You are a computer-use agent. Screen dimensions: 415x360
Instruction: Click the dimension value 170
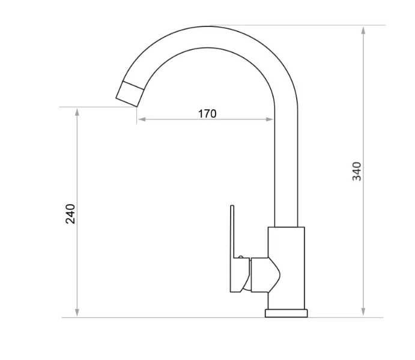click(x=207, y=113)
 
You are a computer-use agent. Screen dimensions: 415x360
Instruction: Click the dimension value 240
click(x=70, y=214)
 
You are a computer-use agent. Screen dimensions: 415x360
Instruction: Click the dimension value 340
click(x=357, y=171)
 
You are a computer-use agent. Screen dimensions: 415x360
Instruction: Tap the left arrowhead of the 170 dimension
click(x=142, y=119)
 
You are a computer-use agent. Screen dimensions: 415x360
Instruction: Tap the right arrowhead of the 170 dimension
click(x=270, y=119)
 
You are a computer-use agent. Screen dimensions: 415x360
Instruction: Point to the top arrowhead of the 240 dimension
click(x=77, y=112)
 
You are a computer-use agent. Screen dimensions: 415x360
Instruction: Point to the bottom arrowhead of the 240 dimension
click(x=77, y=313)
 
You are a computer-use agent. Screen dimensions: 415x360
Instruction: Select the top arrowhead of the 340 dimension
click(x=363, y=31)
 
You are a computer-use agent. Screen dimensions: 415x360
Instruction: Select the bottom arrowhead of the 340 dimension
click(x=363, y=312)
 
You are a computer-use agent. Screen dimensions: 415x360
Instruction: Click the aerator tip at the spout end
click(x=130, y=94)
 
